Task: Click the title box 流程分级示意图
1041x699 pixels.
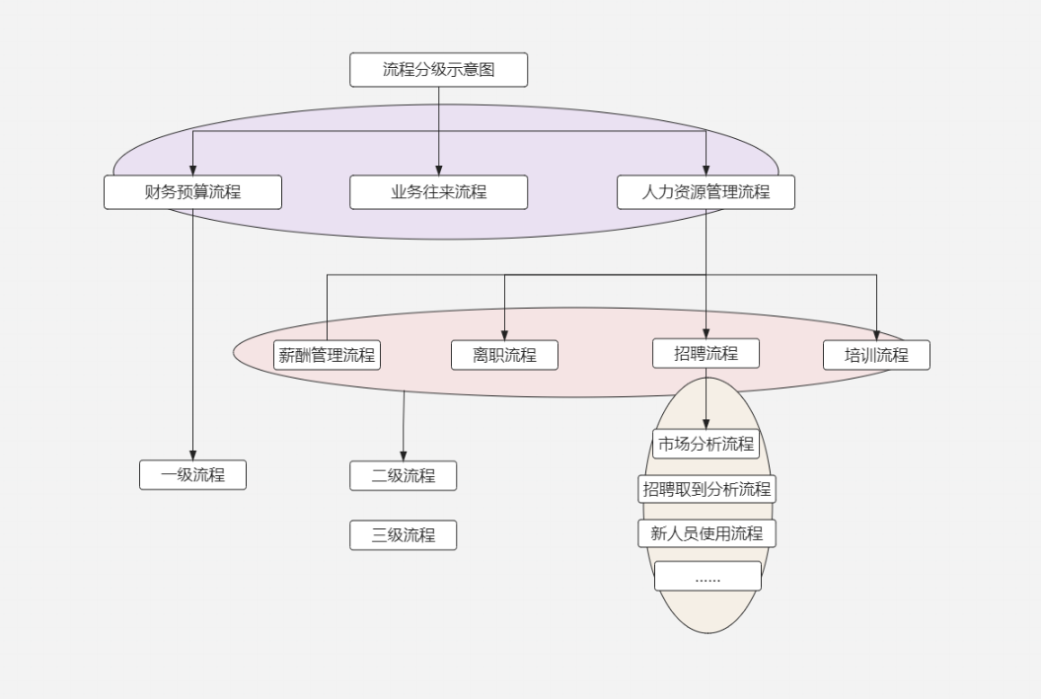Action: (x=438, y=70)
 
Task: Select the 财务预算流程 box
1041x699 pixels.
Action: (x=192, y=192)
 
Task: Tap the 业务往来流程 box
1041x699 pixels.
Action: (x=438, y=192)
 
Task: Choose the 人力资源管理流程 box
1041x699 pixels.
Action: (x=706, y=192)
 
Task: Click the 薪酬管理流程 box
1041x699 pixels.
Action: (x=327, y=355)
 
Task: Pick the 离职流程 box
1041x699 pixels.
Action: (x=504, y=355)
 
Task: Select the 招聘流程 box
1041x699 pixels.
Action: (x=706, y=353)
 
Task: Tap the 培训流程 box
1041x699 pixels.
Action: (x=876, y=355)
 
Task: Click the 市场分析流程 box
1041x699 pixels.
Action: (x=706, y=444)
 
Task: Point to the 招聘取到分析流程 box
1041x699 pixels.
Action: (x=706, y=489)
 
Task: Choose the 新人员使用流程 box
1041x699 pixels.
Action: (x=706, y=533)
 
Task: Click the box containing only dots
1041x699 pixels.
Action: (x=707, y=577)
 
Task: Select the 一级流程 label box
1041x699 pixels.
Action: (x=192, y=475)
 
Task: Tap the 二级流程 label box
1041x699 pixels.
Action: (x=403, y=475)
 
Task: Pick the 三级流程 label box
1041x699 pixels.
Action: (x=403, y=535)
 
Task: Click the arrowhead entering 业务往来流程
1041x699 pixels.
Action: (x=438, y=170)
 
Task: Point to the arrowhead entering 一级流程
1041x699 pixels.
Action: (x=192, y=454)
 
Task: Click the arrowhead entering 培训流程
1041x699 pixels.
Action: (x=876, y=334)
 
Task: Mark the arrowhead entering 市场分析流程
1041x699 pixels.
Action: (x=706, y=424)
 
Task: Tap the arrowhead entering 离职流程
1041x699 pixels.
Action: (x=504, y=334)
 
